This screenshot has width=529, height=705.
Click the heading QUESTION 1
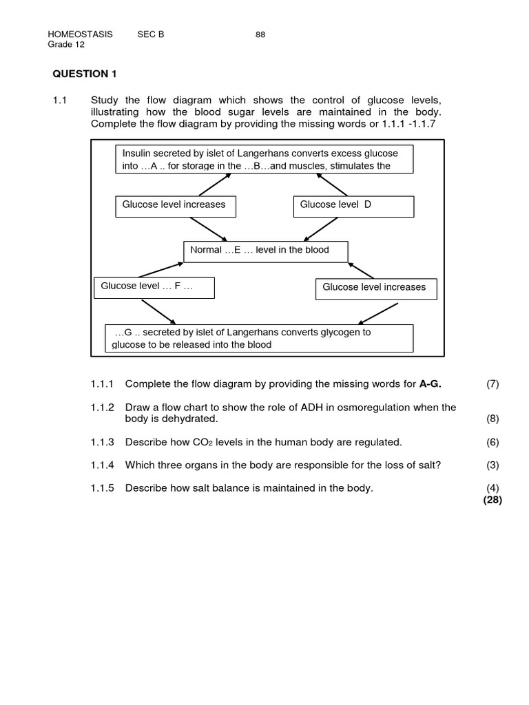[x=81, y=74]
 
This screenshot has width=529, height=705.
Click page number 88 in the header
[x=260, y=35]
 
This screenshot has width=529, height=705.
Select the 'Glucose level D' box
[x=354, y=206]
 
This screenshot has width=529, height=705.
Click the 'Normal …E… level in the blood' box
[x=265, y=251]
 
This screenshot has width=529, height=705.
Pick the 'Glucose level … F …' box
[x=154, y=287]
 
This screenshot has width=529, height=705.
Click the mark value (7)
[x=492, y=383]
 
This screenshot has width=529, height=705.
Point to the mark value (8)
[x=492, y=418]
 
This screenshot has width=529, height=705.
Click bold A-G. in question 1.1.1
[x=430, y=383]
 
